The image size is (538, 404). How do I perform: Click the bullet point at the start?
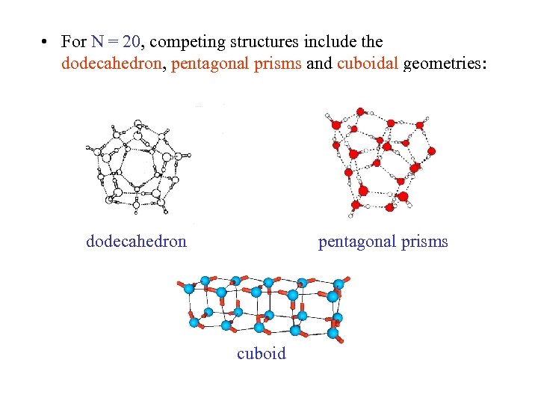click(x=46, y=43)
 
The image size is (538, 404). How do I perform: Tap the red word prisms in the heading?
click(x=277, y=64)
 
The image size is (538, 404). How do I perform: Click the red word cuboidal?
click(x=368, y=64)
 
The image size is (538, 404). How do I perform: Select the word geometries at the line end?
click(x=445, y=64)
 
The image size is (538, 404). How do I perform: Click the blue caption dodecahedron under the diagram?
click(x=137, y=241)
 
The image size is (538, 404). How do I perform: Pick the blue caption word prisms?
click(x=425, y=241)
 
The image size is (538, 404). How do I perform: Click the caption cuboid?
click(x=262, y=353)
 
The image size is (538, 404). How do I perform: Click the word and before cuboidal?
click(x=319, y=64)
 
